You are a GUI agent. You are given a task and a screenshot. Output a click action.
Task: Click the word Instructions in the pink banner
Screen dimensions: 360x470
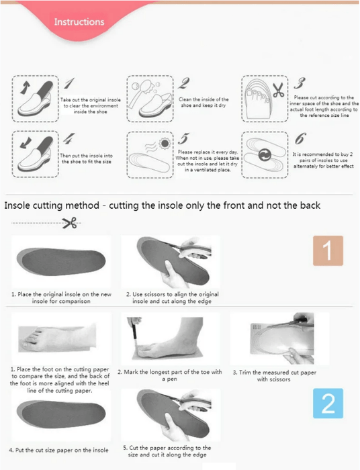79,22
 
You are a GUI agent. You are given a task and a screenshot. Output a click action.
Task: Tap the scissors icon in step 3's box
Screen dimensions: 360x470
279,89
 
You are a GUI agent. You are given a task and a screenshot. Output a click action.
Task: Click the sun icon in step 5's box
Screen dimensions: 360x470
165,143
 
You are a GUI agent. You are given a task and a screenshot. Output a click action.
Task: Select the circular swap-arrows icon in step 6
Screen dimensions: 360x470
265,155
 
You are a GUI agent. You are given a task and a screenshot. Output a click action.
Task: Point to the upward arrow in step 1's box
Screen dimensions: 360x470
25,88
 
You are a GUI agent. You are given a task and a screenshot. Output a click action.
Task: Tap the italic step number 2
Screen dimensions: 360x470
183,83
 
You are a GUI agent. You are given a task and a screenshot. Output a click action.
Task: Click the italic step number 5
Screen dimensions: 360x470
183,138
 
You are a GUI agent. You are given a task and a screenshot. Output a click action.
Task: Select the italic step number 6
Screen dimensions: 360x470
300,138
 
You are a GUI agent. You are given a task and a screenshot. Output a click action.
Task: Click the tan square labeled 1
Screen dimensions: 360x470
328,250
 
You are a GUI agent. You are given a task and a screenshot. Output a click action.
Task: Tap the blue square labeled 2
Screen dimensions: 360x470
328,403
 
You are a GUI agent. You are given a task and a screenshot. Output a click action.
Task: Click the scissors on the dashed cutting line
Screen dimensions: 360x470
70,223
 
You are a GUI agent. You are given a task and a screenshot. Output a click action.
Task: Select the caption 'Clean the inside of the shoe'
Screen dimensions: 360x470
204,102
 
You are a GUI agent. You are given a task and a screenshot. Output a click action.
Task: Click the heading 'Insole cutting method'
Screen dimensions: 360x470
52,205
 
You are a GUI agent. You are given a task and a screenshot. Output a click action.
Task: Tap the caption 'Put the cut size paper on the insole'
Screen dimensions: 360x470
58,450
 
